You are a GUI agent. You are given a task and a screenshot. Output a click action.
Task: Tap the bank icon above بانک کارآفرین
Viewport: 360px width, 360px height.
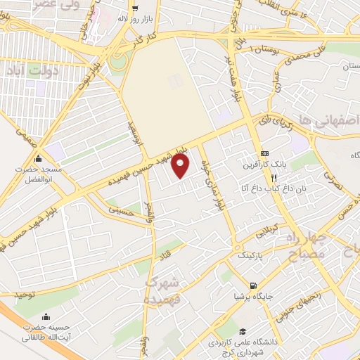(264, 153)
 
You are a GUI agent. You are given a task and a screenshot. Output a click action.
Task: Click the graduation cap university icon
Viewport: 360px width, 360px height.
(243, 331)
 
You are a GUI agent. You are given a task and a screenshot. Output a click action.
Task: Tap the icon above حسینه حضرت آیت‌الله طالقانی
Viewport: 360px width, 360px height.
(46, 316)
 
